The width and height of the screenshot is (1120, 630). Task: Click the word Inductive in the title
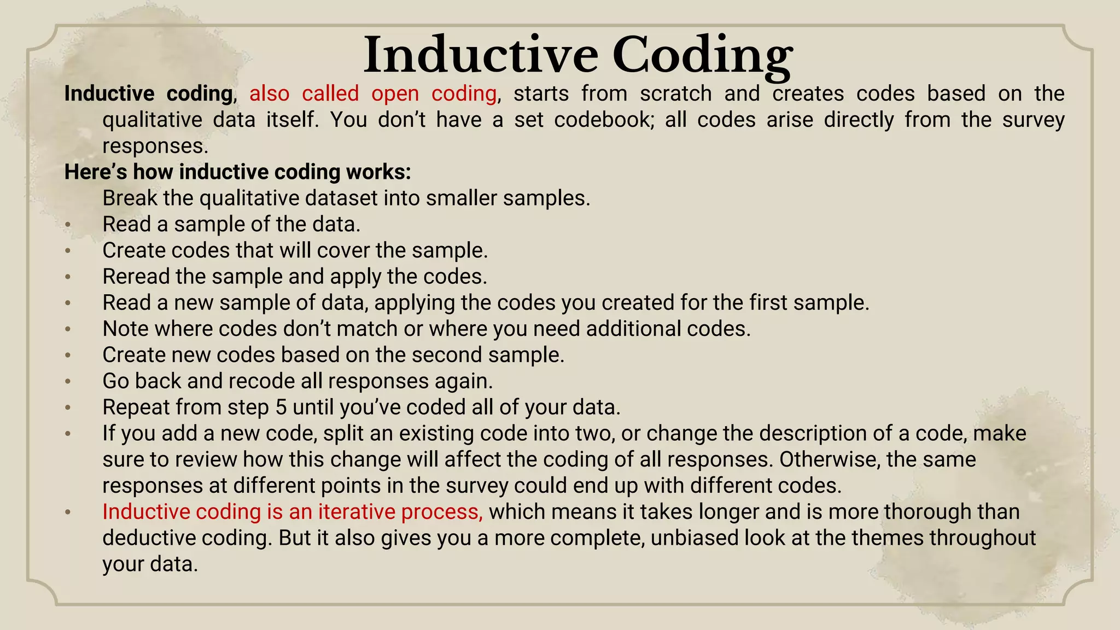coord(481,55)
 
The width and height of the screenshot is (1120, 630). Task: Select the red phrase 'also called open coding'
coord(373,94)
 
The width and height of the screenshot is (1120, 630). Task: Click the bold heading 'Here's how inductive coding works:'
coord(237,172)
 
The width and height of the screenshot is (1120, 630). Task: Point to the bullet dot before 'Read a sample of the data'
coord(68,225)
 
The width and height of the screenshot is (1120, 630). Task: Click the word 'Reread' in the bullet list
coord(136,276)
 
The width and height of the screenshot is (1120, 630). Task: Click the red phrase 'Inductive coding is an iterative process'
coord(293,512)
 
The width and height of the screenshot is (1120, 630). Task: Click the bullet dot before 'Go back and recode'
coord(68,382)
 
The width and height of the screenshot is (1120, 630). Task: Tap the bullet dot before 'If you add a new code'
coord(68,434)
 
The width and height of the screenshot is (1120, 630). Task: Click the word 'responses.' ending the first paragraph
coord(155,146)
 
